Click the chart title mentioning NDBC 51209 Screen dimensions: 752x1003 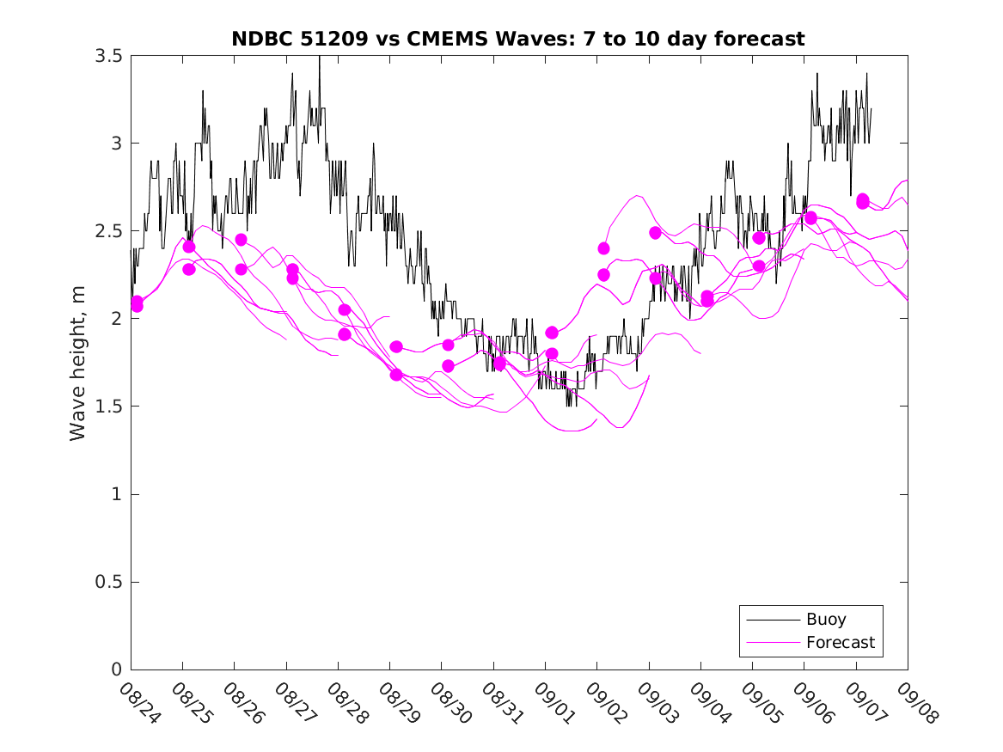click(518, 39)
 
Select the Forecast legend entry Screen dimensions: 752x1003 click(840, 642)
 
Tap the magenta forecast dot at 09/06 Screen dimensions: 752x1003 click(810, 217)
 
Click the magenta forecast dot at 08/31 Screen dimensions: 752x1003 click(499, 364)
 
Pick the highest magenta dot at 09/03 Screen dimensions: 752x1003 click(655, 233)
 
